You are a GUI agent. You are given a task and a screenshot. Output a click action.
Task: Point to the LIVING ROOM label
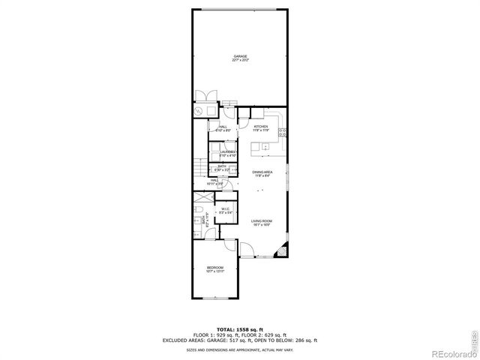pos(261,223)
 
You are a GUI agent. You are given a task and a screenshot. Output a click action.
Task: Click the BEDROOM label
pos(215,268)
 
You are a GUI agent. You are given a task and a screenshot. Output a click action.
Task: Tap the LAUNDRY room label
pos(218,153)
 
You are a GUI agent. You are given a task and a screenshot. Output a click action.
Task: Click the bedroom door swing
pos(230,248)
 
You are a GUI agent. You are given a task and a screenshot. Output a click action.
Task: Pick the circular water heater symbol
pos(199,110)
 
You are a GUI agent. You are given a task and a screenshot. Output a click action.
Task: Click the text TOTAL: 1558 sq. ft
pos(239,329)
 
